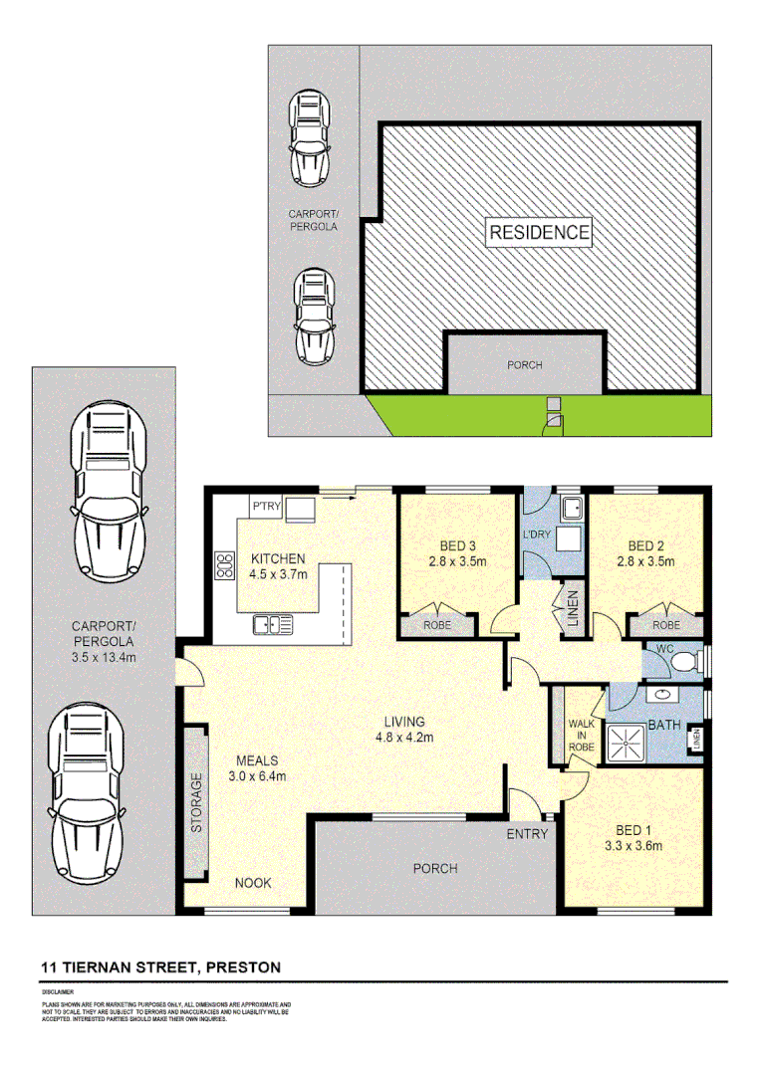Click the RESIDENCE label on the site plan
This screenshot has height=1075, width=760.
coord(539,233)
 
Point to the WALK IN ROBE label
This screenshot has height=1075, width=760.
coord(581,735)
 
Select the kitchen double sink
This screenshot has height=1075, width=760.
coord(273,625)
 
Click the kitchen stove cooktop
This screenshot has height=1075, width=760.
coord(220,566)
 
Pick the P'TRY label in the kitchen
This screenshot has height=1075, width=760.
coord(266,508)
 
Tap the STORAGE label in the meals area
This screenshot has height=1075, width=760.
coord(197,801)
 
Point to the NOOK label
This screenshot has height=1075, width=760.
coord(252,883)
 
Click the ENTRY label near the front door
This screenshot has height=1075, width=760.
coord(527,833)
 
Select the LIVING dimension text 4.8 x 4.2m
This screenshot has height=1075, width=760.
coord(406,738)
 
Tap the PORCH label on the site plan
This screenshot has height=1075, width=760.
coord(524,365)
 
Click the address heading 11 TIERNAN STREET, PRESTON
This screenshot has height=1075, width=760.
coord(160,967)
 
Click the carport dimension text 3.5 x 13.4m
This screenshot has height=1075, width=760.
coord(104,642)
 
